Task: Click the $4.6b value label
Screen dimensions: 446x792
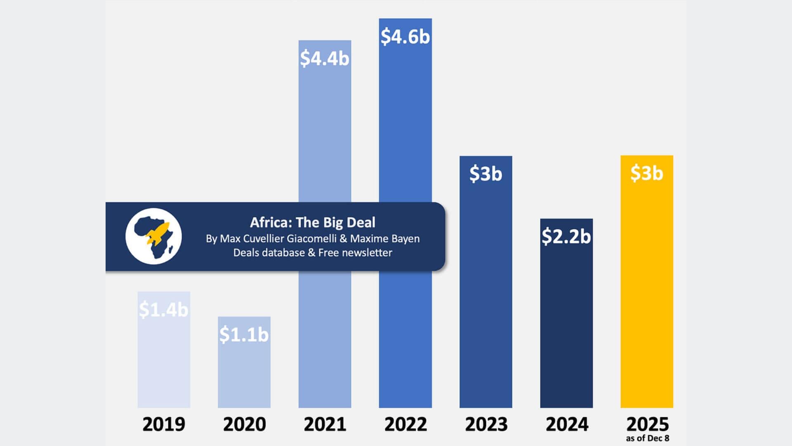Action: pyautogui.click(x=405, y=37)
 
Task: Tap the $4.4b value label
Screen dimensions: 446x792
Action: pyautogui.click(x=325, y=58)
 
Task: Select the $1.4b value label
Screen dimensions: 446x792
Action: pyautogui.click(x=163, y=309)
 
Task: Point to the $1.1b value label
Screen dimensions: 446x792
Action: pyautogui.click(x=244, y=334)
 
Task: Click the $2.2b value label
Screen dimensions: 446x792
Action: pyautogui.click(x=566, y=236)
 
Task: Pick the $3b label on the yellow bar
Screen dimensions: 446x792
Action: pyautogui.click(x=646, y=173)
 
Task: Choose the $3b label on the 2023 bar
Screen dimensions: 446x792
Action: pyautogui.click(x=486, y=173)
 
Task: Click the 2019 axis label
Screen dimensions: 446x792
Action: pyautogui.click(x=164, y=425)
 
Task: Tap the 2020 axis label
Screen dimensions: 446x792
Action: pyautogui.click(x=244, y=425)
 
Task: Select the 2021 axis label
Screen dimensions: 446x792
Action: pyautogui.click(x=325, y=425)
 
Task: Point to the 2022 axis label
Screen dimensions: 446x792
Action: pyautogui.click(x=405, y=425)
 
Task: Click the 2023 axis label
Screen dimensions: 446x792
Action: pyautogui.click(x=486, y=425)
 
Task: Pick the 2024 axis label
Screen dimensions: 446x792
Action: pyautogui.click(x=567, y=425)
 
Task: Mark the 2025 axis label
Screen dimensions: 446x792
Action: pyautogui.click(x=647, y=424)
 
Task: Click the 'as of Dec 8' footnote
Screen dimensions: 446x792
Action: pyautogui.click(x=647, y=439)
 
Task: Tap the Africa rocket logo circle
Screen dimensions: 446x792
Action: pyautogui.click(x=153, y=236)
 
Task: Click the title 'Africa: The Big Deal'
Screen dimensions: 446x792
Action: pyautogui.click(x=313, y=223)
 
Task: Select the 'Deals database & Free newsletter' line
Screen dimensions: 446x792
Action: pyautogui.click(x=313, y=253)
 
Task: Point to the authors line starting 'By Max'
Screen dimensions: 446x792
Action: pyautogui.click(x=313, y=239)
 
